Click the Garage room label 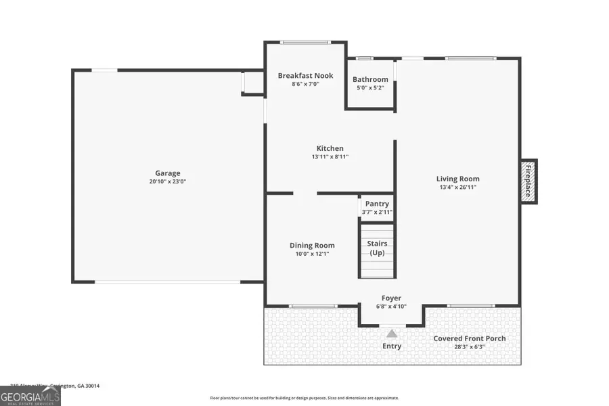(167, 173)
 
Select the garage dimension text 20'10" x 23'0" (167, 181)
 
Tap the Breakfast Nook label (305, 76)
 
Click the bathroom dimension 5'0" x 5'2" (370, 87)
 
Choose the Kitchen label (330, 148)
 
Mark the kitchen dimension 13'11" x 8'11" (330, 156)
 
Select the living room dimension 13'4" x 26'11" (457, 187)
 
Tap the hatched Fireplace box (528, 181)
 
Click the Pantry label (377, 204)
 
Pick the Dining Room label (312, 246)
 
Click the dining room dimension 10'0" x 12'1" (312, 254)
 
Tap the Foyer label (391, 298)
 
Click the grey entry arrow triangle (391, 333)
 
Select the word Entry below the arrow (391, 346)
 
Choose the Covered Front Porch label (470, 338)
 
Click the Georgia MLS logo (30, 395)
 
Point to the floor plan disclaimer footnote (304, 398)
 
